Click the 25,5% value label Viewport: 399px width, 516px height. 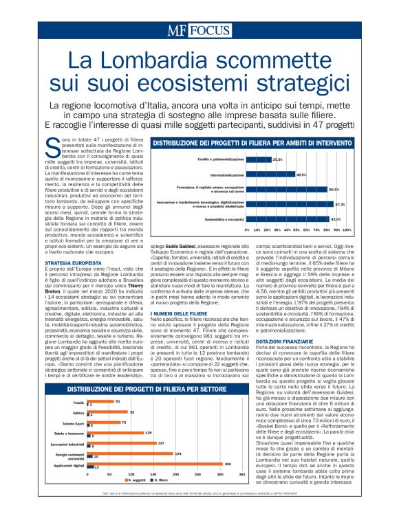(x=278, y=159)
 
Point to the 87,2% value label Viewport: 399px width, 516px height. (x=340, y=204)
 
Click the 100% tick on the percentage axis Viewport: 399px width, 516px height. (x=347, y=229)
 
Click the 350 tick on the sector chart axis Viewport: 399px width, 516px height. (x=241, y=475)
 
